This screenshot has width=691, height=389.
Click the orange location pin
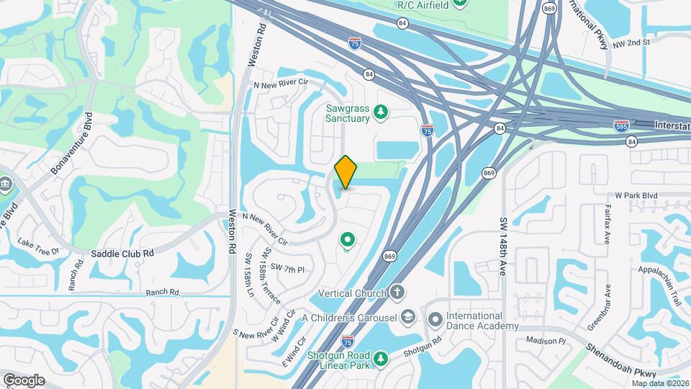[346, 171]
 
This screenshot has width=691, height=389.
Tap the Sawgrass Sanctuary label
[346, 113]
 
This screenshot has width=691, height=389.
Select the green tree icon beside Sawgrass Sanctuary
[381, 113]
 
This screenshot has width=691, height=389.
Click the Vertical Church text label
[353, 293]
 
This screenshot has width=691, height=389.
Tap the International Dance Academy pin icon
[434, 318]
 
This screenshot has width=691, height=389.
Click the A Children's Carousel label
[349, 318]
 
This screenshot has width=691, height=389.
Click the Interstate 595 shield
[623, 125]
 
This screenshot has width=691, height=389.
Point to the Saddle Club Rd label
[123, 254]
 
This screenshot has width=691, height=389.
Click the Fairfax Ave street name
[605, 223]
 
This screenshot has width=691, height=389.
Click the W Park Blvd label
[636, 195]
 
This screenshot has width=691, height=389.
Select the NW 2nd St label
[631, 43]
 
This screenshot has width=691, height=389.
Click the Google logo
[24, 380]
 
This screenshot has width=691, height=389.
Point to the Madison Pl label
[543, 341]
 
